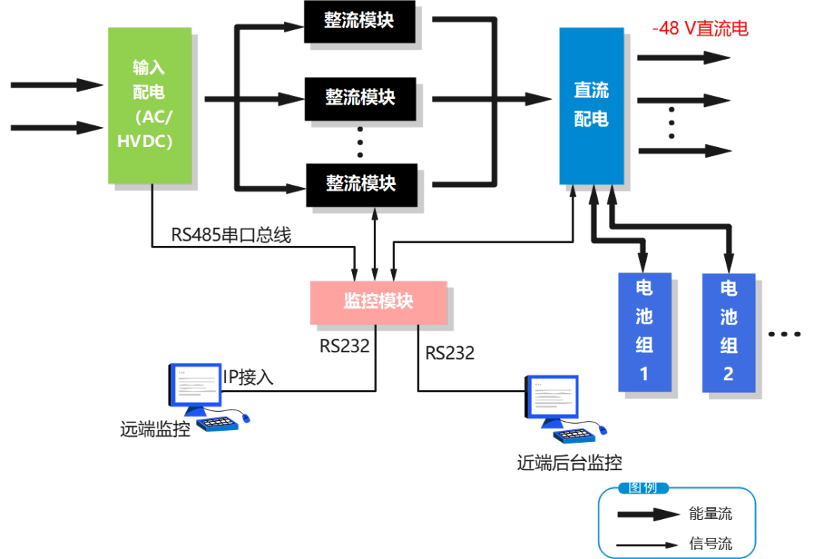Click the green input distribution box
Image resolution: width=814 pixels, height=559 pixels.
[x=149, y=106]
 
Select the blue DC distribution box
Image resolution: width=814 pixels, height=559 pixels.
[x=591, y=106]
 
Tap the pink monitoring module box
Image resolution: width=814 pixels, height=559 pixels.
[x=378, y=303]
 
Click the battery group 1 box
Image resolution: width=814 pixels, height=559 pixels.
[x=644, y=332]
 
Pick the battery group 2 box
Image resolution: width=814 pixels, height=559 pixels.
[x=728, y=332]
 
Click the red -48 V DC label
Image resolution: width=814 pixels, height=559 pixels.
[x=700, y=29]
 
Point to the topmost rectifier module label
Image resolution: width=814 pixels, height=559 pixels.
[x=359, y=20]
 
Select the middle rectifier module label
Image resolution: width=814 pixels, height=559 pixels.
[x=360, y=97]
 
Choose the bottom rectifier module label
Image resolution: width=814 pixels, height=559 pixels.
[x=360, y=183]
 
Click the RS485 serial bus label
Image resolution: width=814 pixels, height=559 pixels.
[x=231, y=235]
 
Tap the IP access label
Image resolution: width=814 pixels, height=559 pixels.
[x=248, y=377]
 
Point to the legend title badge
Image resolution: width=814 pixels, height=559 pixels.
[x=642, y=487]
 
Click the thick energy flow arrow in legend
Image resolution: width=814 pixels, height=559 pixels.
[x=648, y=514]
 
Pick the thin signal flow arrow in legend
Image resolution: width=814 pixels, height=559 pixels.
[x=648, y=544]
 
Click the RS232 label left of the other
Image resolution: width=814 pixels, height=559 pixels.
[x=344, y=346]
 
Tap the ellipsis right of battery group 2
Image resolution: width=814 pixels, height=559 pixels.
[x=784, y=333]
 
